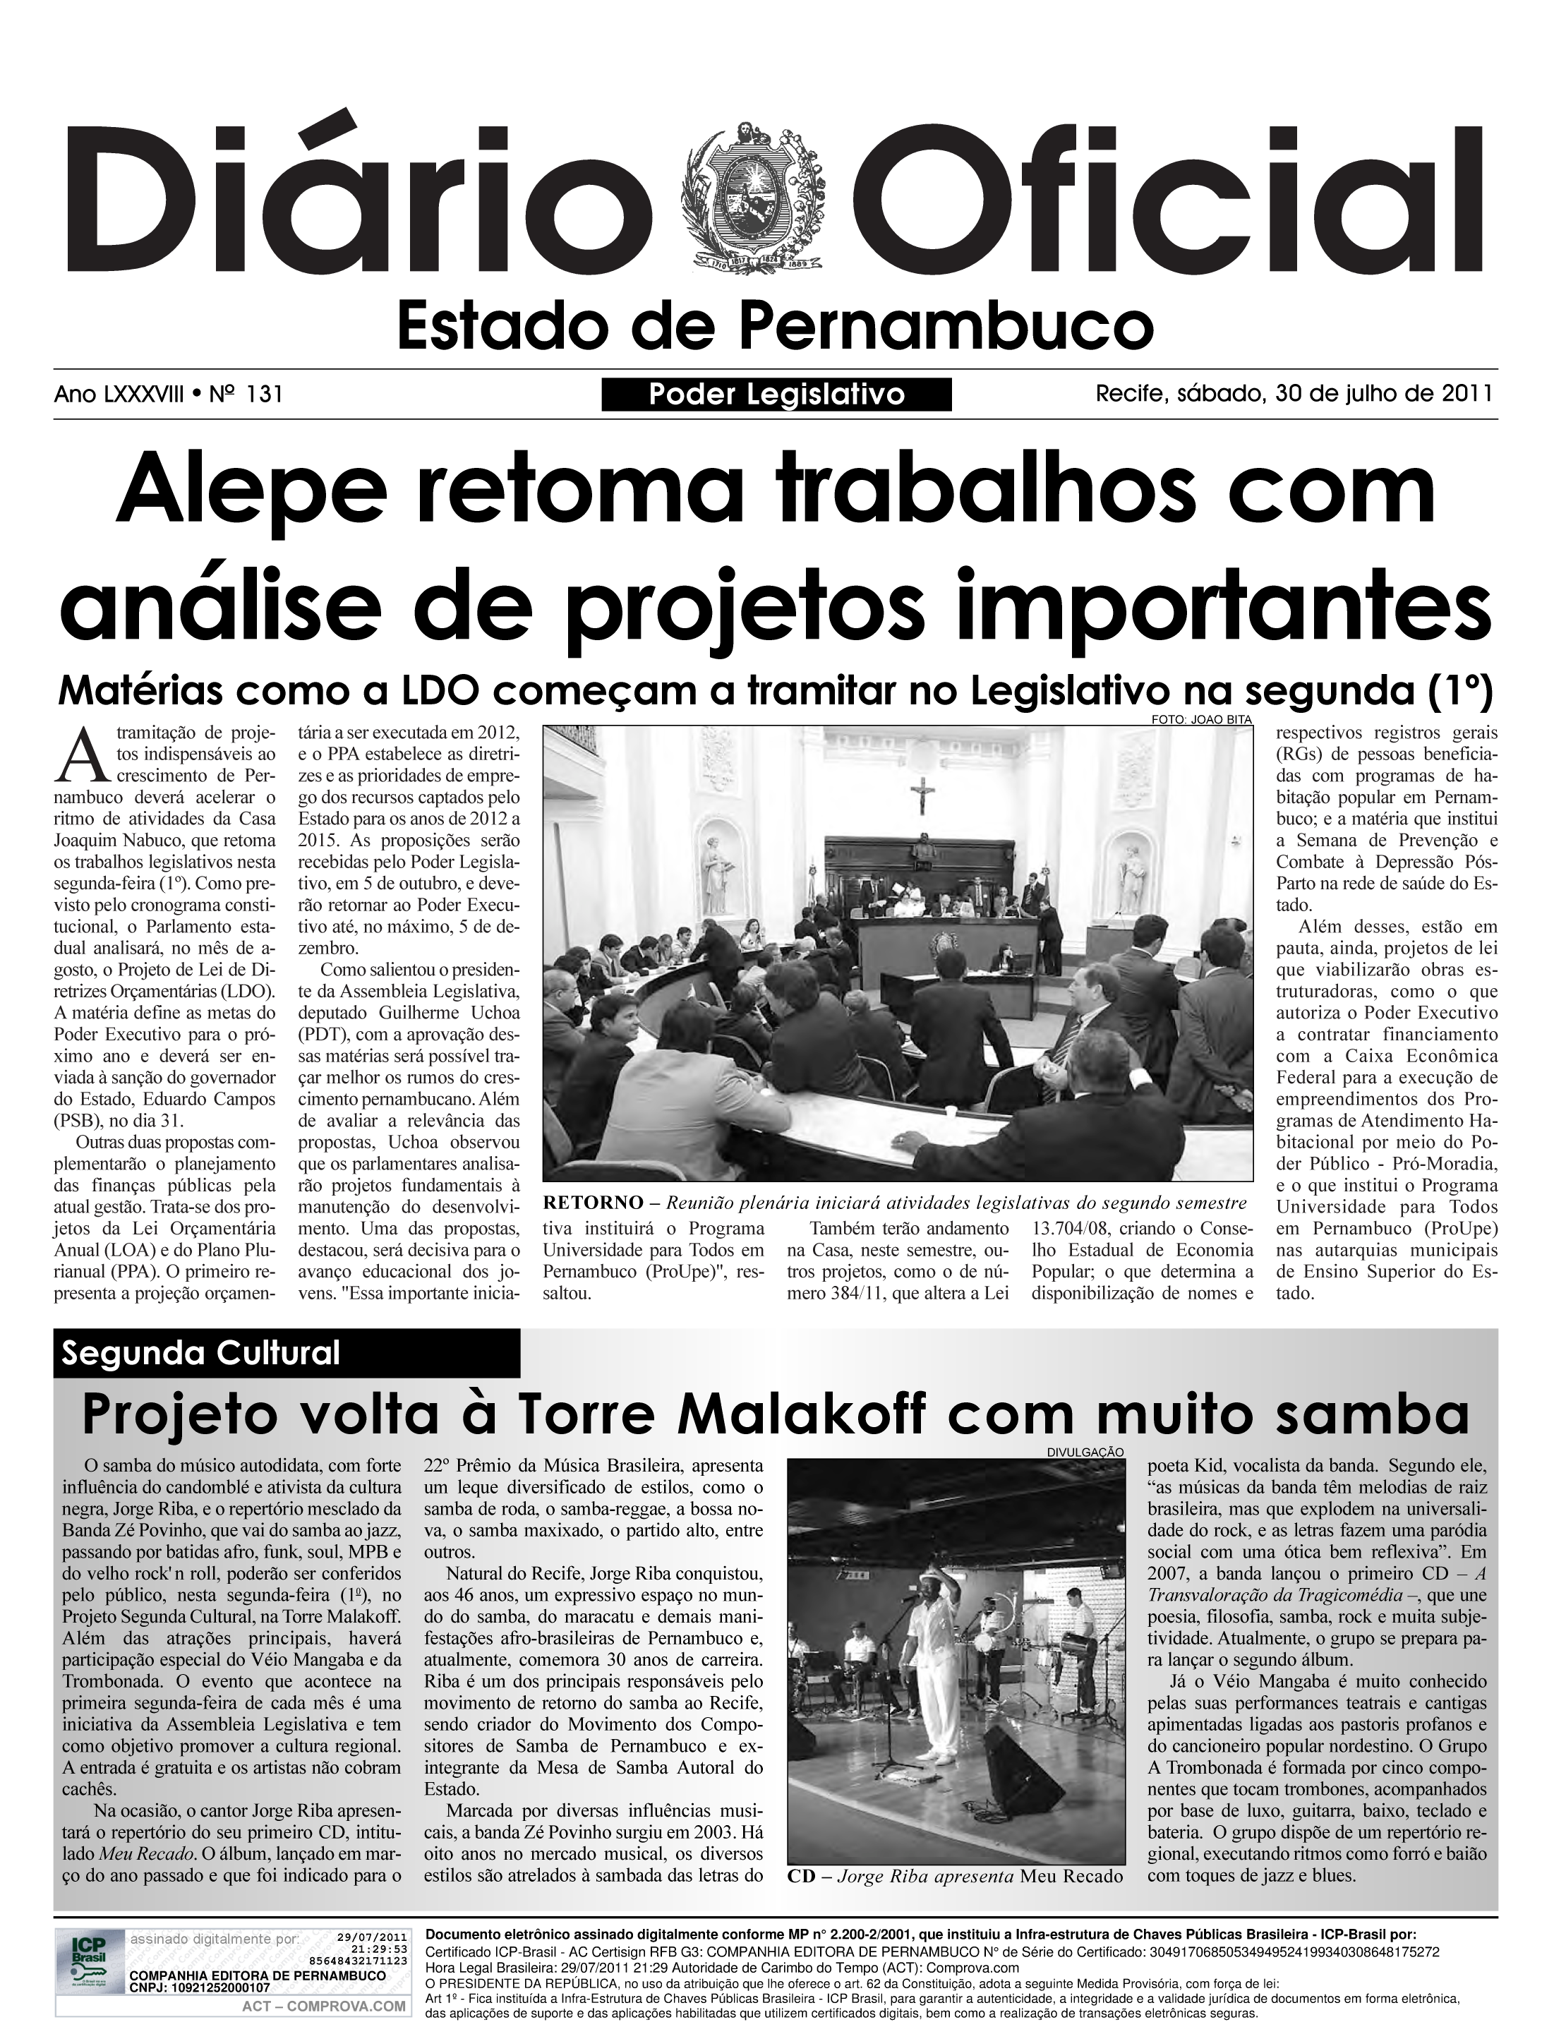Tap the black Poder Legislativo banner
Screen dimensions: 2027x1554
[x=776, y=395]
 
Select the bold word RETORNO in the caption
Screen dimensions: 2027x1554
[x=593, y=1203]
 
